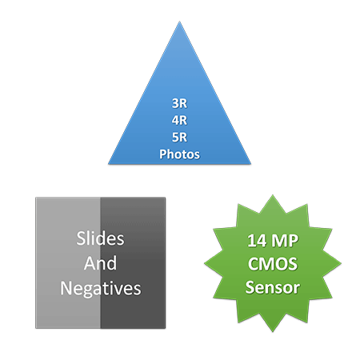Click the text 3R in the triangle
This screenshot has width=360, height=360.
(x=179, y=103)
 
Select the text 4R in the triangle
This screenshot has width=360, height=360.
(x=179, y=120)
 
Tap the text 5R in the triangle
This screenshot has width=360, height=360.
(x=179, y=138)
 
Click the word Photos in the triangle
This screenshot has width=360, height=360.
(x=179, y=154)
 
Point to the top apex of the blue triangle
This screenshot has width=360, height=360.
(x=179, y=22)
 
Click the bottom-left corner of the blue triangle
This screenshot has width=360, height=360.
(x=108, y=163)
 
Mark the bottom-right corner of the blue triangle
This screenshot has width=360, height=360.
(x=250, y=163)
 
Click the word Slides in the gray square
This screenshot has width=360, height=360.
(x=100, y=238)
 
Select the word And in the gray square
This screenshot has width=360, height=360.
(x=100, y=263)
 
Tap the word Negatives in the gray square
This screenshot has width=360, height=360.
(x=101, y=289)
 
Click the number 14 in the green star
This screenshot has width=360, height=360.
(x=257, y=241)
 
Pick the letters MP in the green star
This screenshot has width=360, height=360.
(x=284, y=241)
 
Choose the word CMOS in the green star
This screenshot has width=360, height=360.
(x=273, y=264)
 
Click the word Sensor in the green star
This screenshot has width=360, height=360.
(x=273, y=287)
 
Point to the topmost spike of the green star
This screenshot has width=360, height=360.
(x=273, y=195)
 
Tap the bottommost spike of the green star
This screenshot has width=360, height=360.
(x=273, y=332)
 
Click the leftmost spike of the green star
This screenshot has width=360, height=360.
(x=205, y=263)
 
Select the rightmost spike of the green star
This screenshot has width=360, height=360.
(x=341, y=263)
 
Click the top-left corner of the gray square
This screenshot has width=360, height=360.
(x=36, y=198)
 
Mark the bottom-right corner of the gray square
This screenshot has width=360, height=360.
(x=166, y=328)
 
